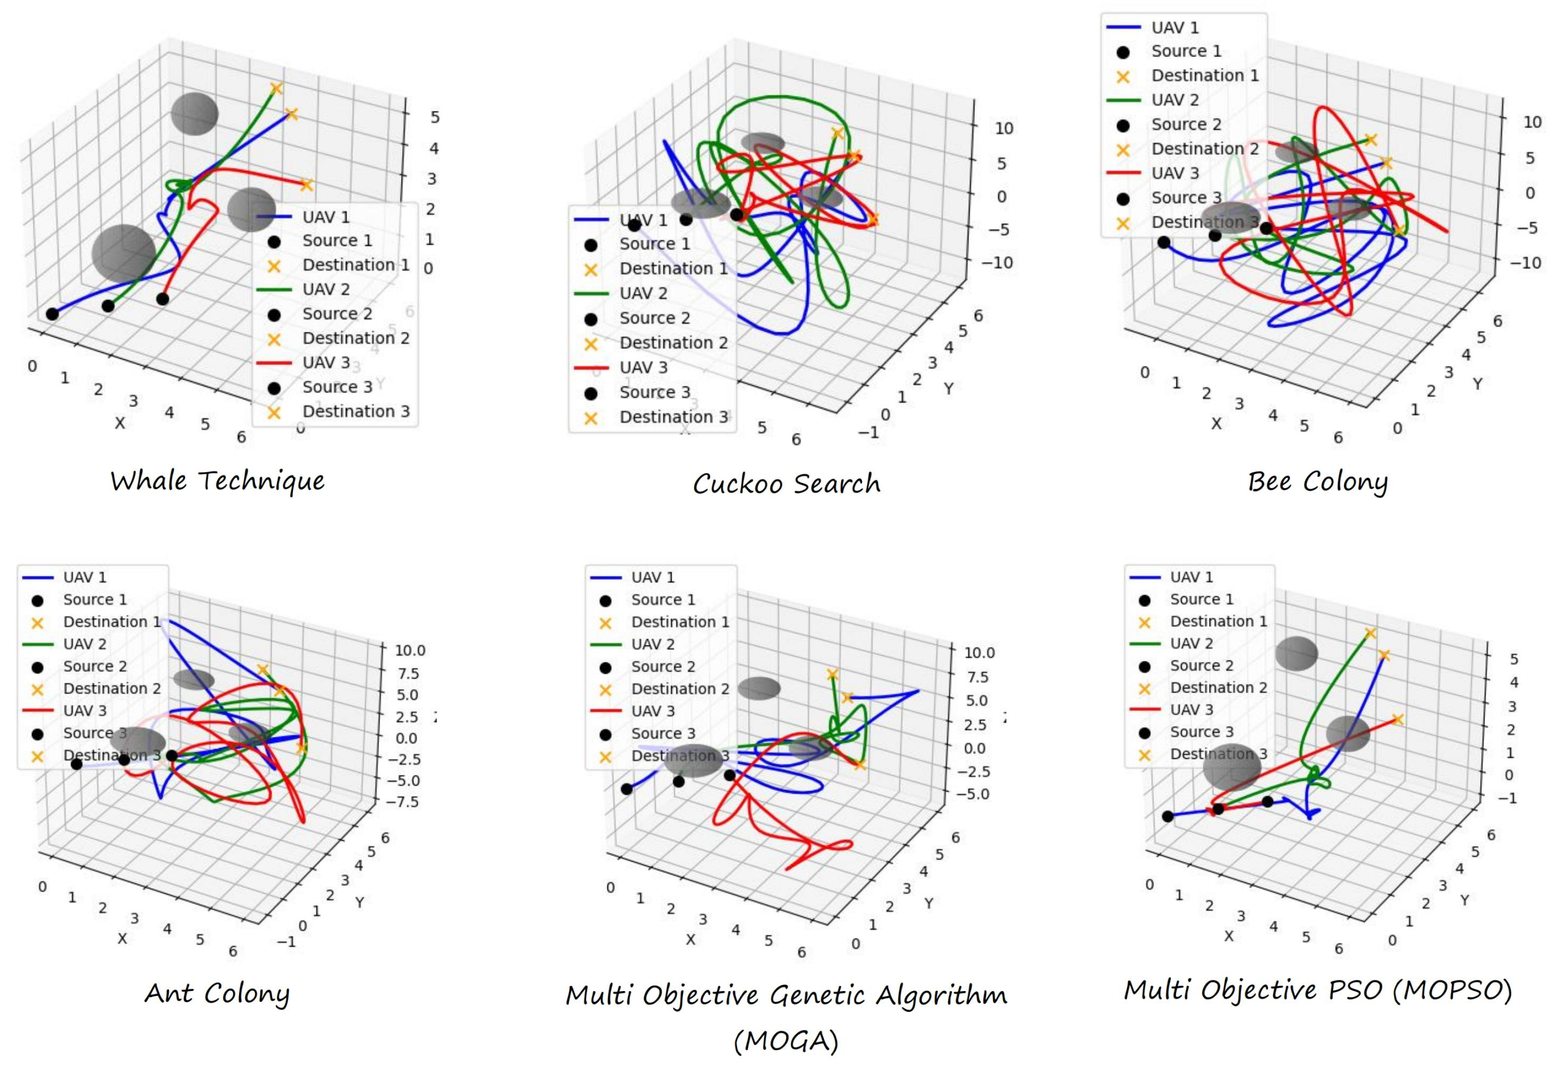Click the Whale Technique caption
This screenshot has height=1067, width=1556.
218,481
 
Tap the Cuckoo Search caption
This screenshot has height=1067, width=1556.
786,483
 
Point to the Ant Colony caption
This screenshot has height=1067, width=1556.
217,993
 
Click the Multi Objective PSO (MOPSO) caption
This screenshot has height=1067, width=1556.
1318,990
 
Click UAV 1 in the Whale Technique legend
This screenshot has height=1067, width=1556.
326,217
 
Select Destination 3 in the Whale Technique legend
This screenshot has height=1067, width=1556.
355,411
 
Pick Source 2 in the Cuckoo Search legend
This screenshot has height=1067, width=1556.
654,318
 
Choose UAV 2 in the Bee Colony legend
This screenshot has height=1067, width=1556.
1175,100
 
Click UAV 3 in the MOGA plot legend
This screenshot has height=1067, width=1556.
653,711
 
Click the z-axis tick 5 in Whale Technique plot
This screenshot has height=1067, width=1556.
435,117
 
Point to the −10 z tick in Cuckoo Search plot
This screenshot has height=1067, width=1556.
997,262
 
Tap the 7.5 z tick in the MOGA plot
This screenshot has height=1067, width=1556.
977,677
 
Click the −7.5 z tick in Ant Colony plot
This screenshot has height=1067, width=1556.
403,802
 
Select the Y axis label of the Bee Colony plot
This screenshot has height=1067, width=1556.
1477,384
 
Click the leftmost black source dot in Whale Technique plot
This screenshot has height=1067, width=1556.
52,314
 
